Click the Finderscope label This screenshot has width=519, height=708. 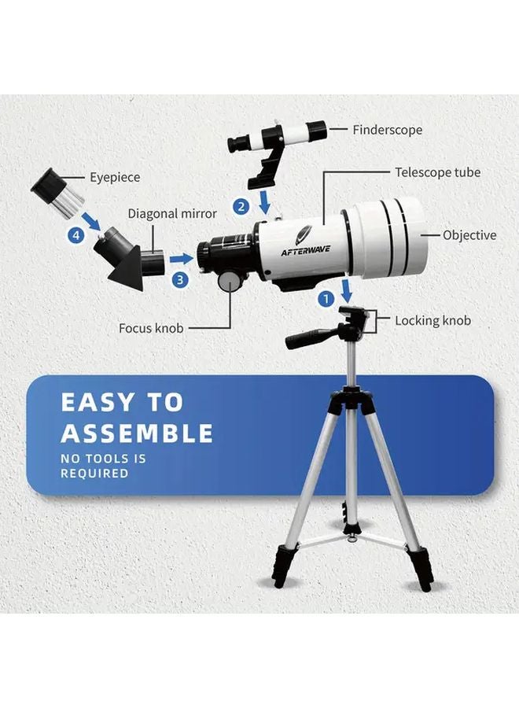pos(387,130)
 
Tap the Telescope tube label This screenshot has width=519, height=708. pos(437,171)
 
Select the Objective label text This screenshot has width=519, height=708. pos(469,235)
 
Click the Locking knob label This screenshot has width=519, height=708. pos(432,321)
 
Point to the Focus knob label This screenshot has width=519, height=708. pos(151,328)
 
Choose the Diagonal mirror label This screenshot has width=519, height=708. pos(172,214)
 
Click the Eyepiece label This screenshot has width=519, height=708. pos(114,178)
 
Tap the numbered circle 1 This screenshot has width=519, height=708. pos(325,299)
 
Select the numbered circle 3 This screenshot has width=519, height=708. pos(180,278)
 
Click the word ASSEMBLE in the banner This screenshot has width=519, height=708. pos(137,433)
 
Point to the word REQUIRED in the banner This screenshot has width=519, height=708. pos(94,474)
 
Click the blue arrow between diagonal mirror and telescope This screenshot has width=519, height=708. pos(182,257)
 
